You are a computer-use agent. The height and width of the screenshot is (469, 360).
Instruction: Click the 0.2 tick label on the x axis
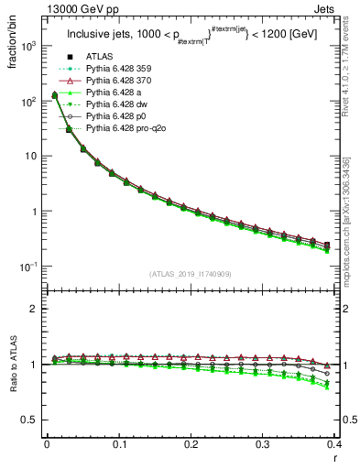(191, 445)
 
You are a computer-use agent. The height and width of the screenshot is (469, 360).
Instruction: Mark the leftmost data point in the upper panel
(54, 94)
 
